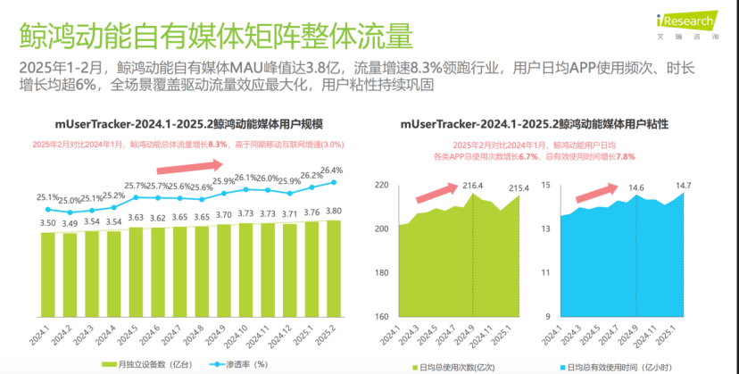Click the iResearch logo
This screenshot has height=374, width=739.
684,21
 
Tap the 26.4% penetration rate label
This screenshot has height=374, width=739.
331,170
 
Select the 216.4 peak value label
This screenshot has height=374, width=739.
472,186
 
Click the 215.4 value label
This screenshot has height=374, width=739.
519,187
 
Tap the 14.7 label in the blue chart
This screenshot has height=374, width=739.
683,186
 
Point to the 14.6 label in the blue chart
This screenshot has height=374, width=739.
635,187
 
